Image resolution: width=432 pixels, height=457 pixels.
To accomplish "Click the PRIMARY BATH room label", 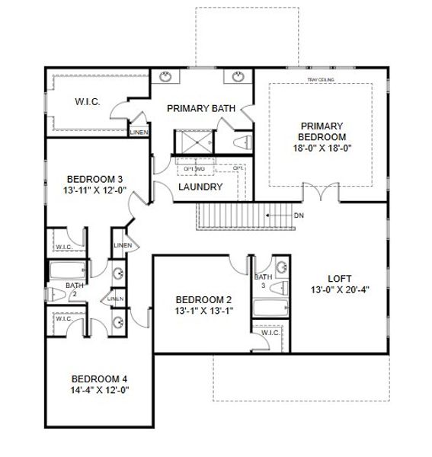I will point(200,108).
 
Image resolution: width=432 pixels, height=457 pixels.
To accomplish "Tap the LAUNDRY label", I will point(200,187).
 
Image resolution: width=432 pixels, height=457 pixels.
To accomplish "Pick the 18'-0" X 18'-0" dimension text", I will point(322,149).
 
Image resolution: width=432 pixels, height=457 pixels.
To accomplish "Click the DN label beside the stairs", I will point(299,215).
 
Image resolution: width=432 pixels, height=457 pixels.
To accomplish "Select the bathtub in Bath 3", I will point(270,308).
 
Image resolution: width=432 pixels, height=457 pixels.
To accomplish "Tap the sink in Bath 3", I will point(282,267).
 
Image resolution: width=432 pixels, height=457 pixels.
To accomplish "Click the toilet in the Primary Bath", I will point(243,143).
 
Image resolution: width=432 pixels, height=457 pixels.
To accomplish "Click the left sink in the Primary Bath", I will point(167,75).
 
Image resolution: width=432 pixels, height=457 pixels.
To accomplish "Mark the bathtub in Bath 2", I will point(66,270).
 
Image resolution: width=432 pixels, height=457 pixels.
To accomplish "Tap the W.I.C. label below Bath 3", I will point(270,332).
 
